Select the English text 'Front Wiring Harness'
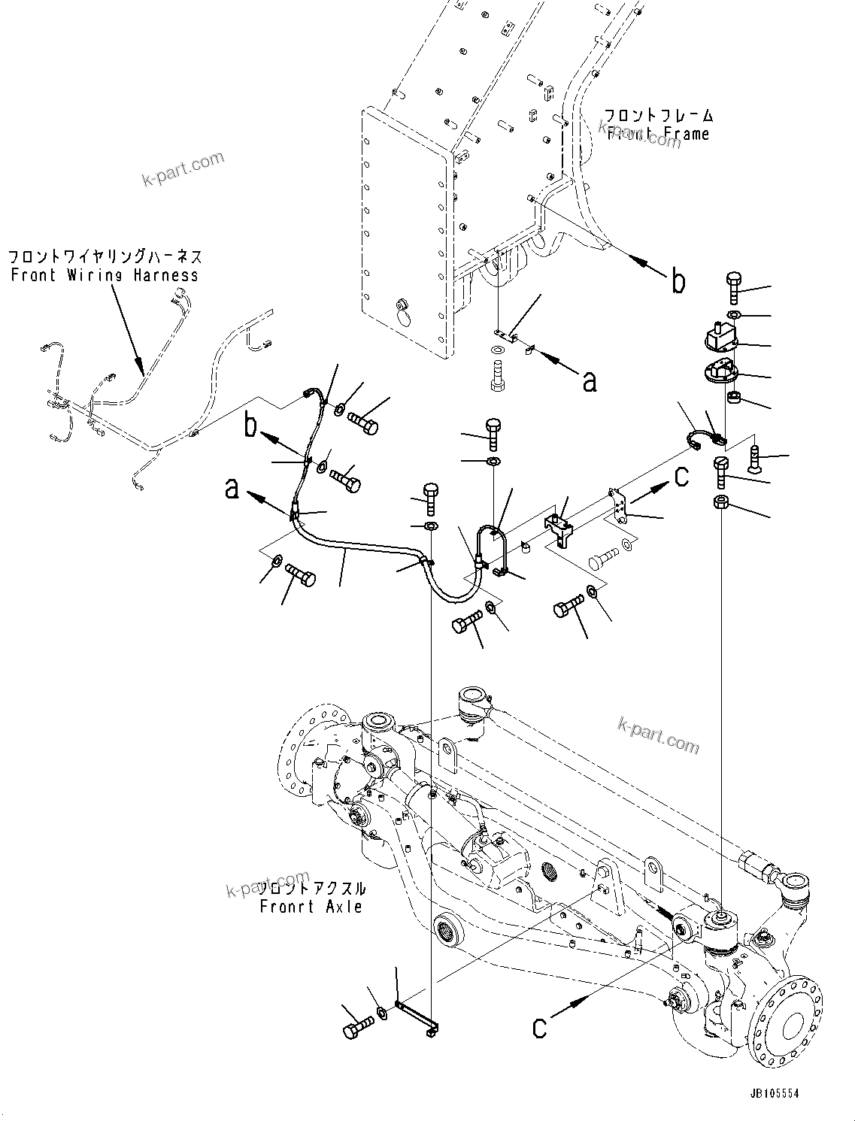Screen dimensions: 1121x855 105,275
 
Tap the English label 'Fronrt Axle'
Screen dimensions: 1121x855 311,907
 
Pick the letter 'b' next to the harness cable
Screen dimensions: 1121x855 250,427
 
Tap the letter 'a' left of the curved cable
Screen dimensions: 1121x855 232,489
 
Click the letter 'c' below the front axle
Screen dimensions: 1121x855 539,1026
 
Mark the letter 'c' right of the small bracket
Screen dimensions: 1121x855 681,477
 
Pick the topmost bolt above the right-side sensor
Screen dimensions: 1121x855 734,287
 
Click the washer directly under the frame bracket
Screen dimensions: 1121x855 498,351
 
